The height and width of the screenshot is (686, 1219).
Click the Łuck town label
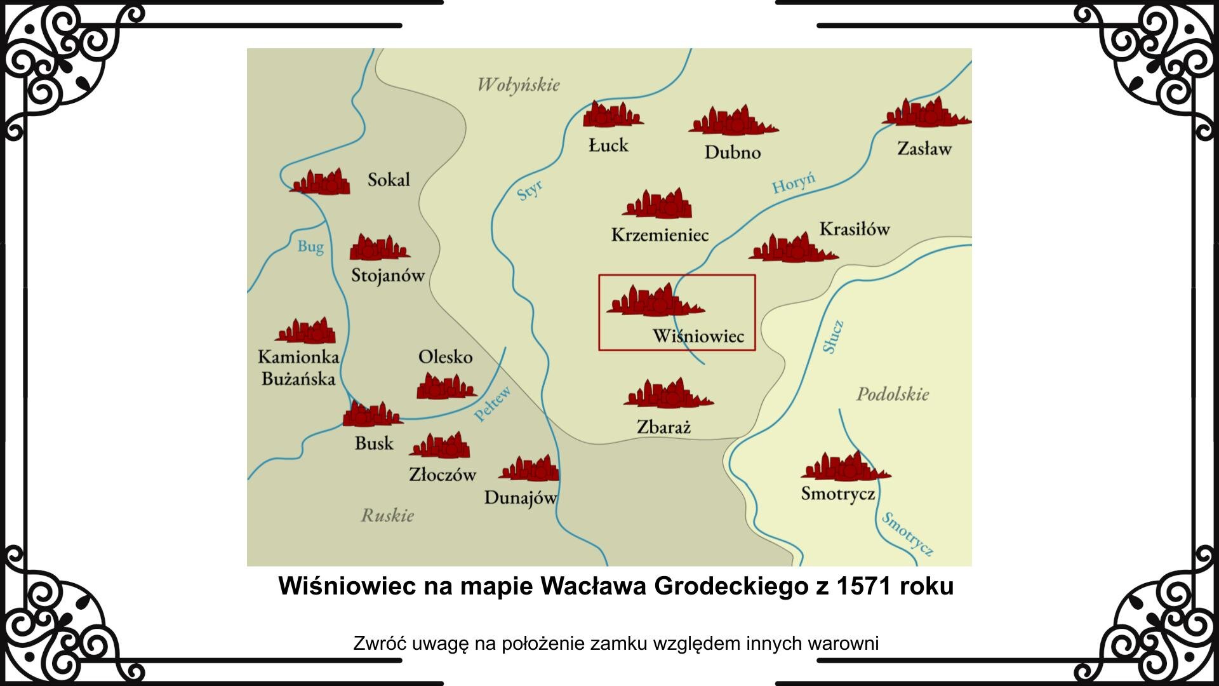click(608, 145)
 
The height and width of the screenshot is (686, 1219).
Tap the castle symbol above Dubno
click(733, 121)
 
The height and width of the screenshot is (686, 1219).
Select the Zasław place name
click(924, 149)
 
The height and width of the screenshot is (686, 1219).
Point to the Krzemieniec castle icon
click(658, 204)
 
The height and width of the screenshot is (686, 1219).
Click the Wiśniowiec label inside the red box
click(698, 336)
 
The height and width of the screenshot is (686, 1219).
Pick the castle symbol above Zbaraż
click(668, 394)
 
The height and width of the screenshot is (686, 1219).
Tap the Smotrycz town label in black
click(838, 494)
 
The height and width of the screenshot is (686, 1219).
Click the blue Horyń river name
click(793, 184)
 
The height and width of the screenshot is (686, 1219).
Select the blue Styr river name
click(530, 190)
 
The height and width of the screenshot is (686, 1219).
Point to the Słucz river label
click(833, 337)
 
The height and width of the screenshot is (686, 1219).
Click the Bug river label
click(310, 246)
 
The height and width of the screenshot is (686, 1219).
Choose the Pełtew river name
click(493, 404)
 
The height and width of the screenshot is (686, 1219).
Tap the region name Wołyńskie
click(519, 84)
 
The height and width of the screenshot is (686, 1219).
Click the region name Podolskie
click(893, 394)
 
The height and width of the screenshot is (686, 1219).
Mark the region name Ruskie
click(387, 515)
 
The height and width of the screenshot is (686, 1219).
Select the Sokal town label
click(389, 180)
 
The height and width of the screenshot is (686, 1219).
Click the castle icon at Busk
click(372, 414)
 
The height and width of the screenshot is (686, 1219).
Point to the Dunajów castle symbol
click(530, 469)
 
